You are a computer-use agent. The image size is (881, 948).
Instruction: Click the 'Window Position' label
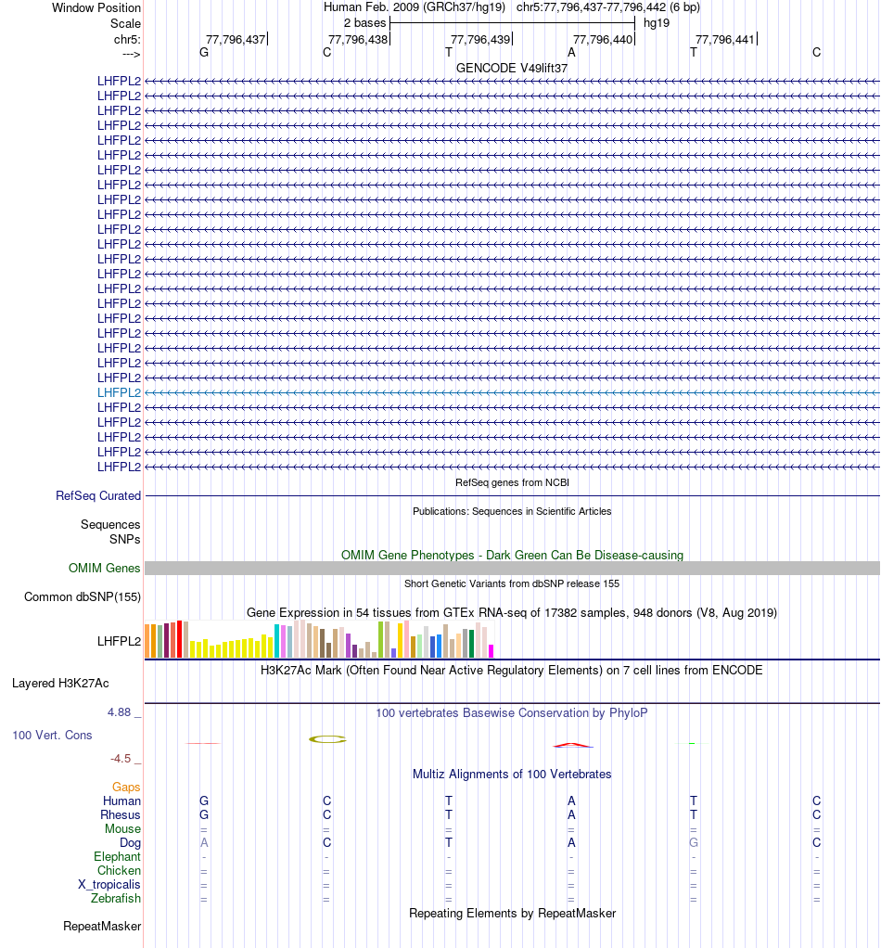tap(96, 7)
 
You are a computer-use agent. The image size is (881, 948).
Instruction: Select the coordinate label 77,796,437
tap(236, 39)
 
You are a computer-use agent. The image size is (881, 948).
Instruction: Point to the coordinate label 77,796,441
tap(725, 39)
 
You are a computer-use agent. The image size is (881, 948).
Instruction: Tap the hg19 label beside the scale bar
tap(657, 22)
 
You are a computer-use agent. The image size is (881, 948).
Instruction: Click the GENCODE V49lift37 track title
tap(512, 68)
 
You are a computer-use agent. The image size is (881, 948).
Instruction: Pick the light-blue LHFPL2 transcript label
tap(119, 392)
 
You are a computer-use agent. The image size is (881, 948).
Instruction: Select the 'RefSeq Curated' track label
tap(98, 496)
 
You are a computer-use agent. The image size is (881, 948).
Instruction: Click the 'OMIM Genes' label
tap(105, 568)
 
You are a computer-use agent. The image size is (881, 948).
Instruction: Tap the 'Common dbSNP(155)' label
tap(83, 596)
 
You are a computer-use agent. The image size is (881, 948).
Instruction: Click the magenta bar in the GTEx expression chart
tap(492, 650)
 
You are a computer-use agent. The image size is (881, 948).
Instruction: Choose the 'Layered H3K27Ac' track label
tap(60, 684)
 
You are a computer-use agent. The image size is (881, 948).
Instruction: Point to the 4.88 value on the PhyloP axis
tap(121, 712)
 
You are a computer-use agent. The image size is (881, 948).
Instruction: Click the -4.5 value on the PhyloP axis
tap(123, 759)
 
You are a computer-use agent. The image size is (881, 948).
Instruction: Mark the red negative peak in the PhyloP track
tap(572, 745)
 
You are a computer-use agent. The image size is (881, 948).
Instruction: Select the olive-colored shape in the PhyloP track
tap(327, 739)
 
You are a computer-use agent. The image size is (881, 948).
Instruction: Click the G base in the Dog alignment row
tap(694, 843)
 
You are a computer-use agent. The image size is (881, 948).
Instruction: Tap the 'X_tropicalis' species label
tap(109, 885)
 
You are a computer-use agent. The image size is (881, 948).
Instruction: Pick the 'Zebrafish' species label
tap(116, 899)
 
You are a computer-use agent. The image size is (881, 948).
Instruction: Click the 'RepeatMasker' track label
tap(102, 926)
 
